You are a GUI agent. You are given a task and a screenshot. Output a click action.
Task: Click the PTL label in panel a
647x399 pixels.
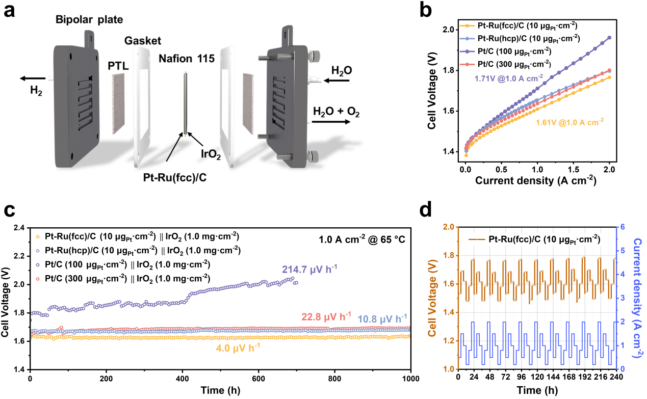119,66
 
